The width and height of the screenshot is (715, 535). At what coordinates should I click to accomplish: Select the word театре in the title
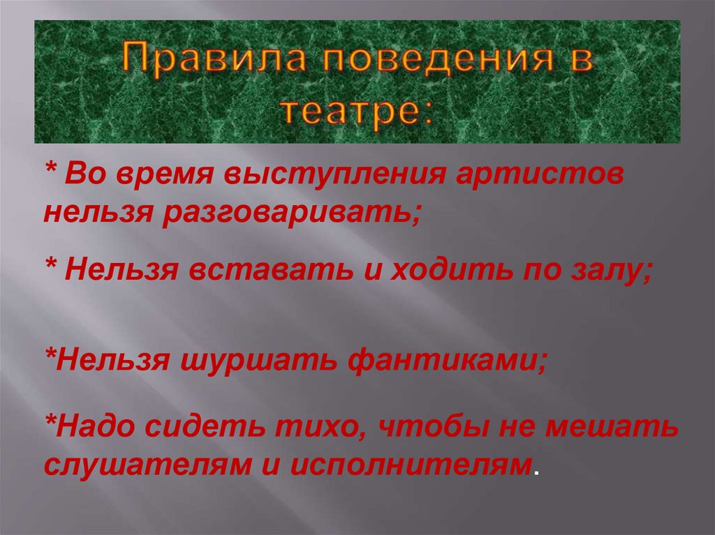[357, 111]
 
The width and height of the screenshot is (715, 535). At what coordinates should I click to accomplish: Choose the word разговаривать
[290, 211]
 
